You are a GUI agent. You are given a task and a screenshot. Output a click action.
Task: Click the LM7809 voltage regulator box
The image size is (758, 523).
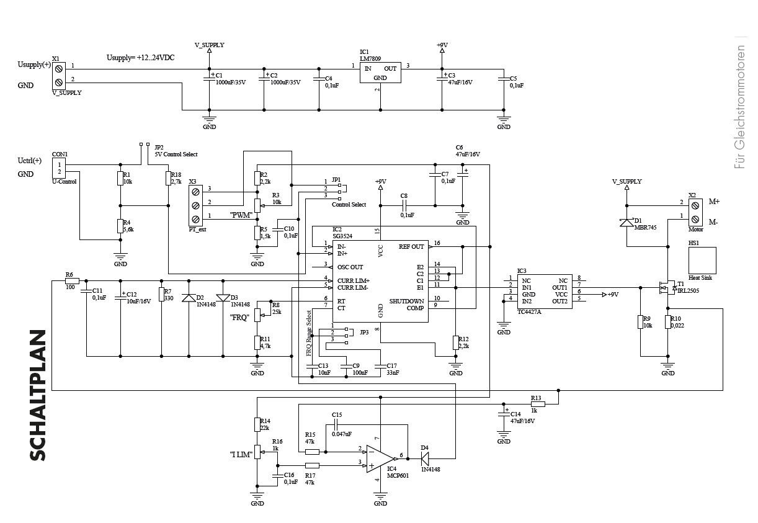pos(380,73)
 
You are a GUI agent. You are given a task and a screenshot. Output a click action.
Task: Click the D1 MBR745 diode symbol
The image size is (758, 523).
pos(628,223)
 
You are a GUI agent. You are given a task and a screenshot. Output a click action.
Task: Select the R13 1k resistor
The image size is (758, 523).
pos(538,403)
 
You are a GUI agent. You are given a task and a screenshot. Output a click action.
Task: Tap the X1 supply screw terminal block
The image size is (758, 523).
pos(58,74)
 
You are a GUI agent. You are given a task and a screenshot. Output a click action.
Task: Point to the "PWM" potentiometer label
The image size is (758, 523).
pos(240,215)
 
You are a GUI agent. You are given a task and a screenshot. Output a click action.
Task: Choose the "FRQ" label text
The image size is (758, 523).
pos(239,318)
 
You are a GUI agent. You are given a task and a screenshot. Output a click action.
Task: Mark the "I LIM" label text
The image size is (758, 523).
pos(241,455)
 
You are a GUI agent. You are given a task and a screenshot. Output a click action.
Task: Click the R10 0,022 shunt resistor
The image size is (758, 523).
pos(667,321)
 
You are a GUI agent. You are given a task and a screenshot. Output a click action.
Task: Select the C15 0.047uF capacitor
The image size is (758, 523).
pos(336,425)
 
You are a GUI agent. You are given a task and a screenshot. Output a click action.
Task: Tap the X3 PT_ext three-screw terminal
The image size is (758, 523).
pos(196,205)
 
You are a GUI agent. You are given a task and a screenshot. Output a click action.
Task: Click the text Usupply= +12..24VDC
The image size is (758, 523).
pos(140,57)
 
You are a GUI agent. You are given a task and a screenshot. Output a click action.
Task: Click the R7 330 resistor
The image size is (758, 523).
pos(161,294)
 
